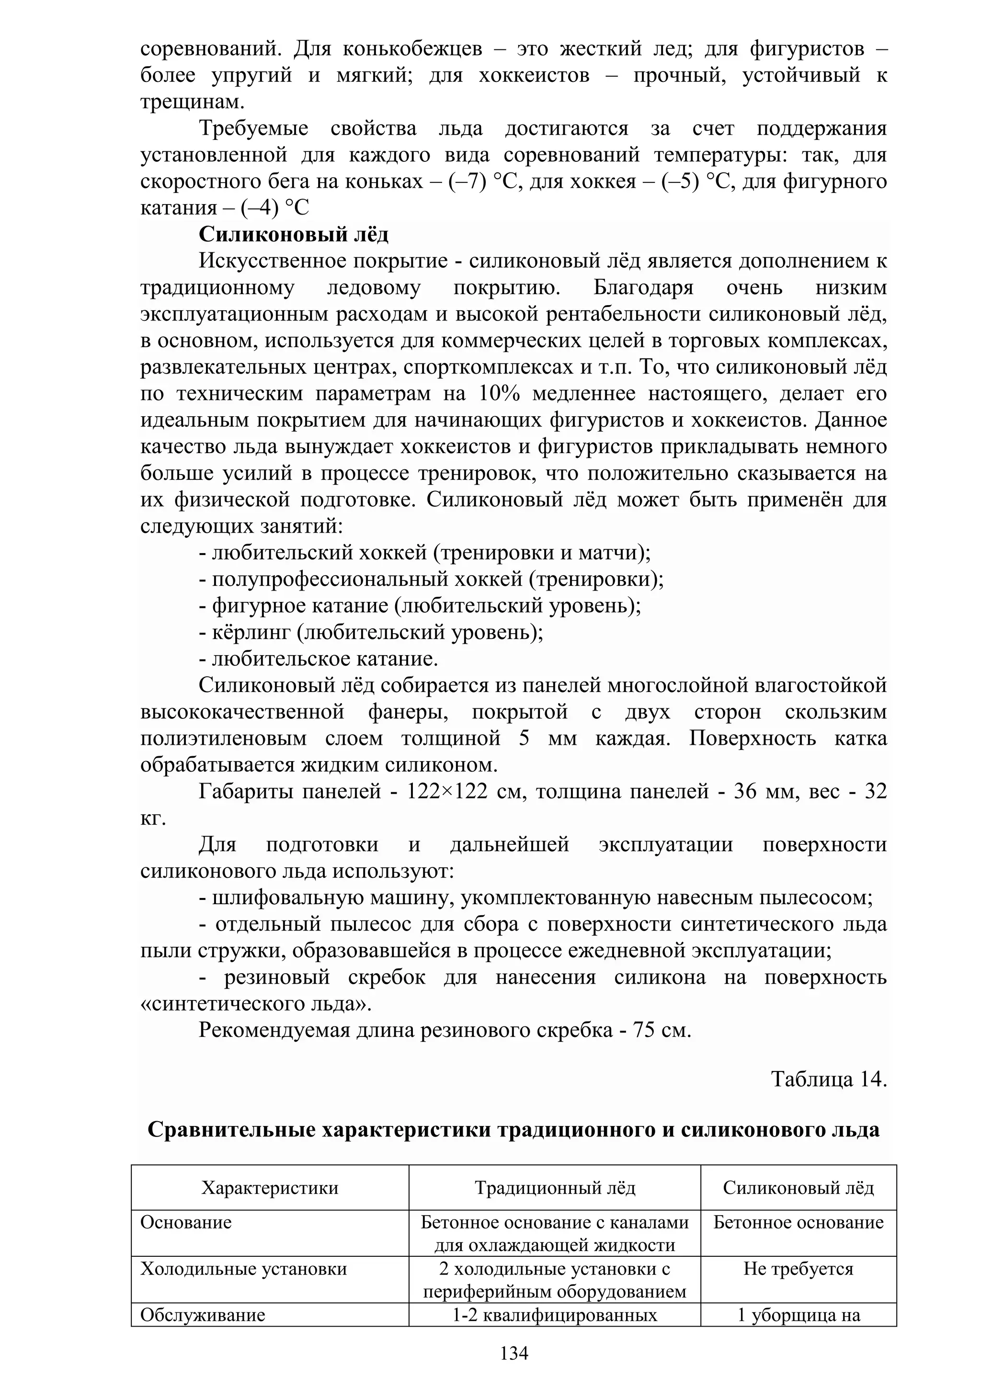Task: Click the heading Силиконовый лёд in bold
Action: point(294,234)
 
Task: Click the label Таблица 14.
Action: point(829,1079)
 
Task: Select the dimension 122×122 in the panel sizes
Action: point(447,791)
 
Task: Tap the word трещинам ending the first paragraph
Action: point(192,102)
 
